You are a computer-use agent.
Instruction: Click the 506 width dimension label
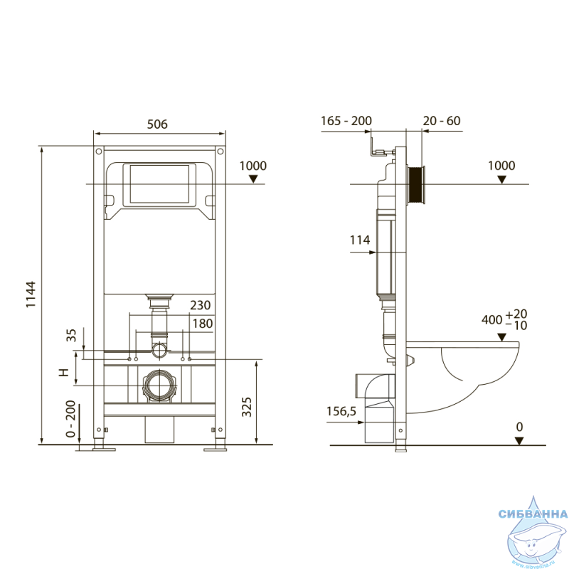(157, 124)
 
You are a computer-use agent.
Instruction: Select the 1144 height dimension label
(31, 294)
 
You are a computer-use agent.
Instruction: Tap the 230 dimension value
(201, 305)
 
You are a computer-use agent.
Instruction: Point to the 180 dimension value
(203, 324)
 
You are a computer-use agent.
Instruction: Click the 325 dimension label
(246, 407)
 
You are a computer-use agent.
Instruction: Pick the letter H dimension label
(64, 372)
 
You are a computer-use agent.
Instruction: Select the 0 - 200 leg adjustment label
(70, 419)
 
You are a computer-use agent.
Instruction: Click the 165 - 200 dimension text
(346, 121)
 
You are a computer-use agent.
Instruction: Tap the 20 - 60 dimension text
(442, 121)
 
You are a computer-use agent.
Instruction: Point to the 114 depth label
(360, 240)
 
